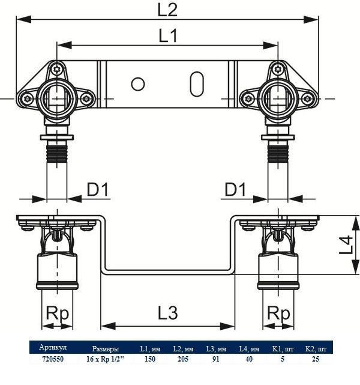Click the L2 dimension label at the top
[x=167, y=10]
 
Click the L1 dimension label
[x=168, y=36]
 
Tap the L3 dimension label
[x=168, y=313]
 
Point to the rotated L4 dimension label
[x=346, y=244]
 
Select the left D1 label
[x=97, y=189]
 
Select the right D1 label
[x=235, y=189]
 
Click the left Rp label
[x=58, y=314]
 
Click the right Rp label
[x=278, y=314]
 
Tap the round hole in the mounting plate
[x=138, y=84]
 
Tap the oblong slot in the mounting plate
[x=197, y=84]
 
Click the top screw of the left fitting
[x=57, y=70]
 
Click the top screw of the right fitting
[x=278, y=70]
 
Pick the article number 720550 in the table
[x=53, y=359]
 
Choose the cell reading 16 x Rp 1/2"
[x=105, y=359]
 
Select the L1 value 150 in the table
[x=150, y=359]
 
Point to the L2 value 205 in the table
[x=183, y=359]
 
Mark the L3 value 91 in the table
[x=216, y=359]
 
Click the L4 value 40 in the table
[x=248, y=359]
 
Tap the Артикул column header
[x=53, y=347]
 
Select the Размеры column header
[x=106, y=349]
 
